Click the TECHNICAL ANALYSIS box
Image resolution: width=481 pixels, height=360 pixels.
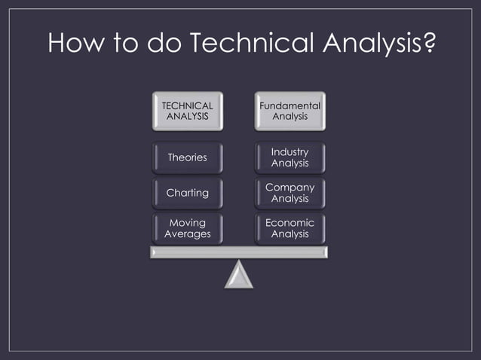187,111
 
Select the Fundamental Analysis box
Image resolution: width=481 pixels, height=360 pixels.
290,111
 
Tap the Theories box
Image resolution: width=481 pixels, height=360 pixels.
187,157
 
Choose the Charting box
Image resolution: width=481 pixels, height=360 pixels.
187,193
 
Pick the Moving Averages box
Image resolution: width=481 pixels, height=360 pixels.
187,228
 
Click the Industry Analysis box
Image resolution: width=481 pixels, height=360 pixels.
290,157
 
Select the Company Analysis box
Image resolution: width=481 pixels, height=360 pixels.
290,193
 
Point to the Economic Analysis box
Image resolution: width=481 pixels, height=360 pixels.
290,228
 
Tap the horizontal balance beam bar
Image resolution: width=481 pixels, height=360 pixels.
239,252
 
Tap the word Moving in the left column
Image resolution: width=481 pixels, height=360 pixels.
187,223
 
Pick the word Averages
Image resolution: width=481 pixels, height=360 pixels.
187,234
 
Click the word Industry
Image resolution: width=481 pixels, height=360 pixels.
290,152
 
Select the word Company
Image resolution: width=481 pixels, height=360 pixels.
290,187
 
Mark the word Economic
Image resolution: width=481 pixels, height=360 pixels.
290,223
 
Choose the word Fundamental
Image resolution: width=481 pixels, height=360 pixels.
290,106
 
